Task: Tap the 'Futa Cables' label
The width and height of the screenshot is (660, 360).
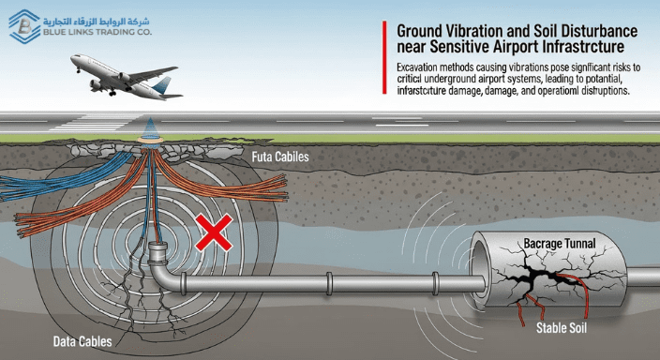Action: pyautogui.click(x=280, y=158)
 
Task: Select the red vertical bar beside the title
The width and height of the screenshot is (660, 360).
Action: pyautogui.click(x=386, y=58)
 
